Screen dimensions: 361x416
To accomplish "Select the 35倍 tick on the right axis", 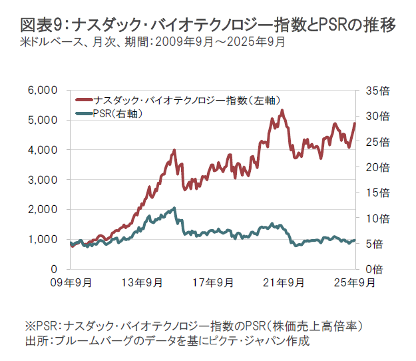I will click(371, 90).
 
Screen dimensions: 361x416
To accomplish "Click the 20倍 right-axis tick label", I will click(371, 167).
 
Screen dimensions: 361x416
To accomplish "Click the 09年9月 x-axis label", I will click(73, 282).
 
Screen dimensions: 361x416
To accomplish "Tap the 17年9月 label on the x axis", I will click(214, 282).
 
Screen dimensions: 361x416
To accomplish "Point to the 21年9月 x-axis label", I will click(285, 282).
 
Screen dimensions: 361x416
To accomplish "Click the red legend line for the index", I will click(84, 101).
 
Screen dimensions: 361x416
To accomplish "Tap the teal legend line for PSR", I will click(84, 114).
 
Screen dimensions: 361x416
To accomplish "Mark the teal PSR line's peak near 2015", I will click(174, 208).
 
